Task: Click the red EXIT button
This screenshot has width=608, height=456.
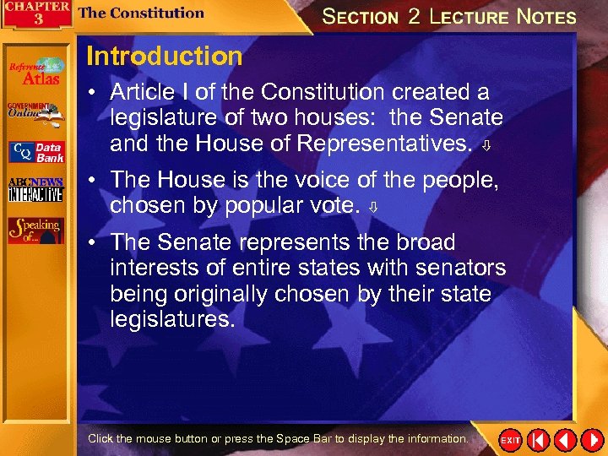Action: click(510, 440)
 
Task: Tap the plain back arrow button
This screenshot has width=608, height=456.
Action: click(564, 440)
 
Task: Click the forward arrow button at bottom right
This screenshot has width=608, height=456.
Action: click(590, 440)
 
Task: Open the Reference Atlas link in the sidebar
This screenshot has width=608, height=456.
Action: click(35, 72)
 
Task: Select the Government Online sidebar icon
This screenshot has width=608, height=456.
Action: click(35, 113)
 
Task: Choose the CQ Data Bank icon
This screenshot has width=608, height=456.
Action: click(35, 152)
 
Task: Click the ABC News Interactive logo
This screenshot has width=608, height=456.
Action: click(35, 190)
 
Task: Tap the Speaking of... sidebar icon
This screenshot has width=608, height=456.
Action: click(35, 231)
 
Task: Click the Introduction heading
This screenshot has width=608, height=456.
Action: click(164, 57)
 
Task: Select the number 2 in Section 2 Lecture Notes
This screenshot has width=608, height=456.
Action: click(414, 17)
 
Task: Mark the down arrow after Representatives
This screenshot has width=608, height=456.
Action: click(486, 148)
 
